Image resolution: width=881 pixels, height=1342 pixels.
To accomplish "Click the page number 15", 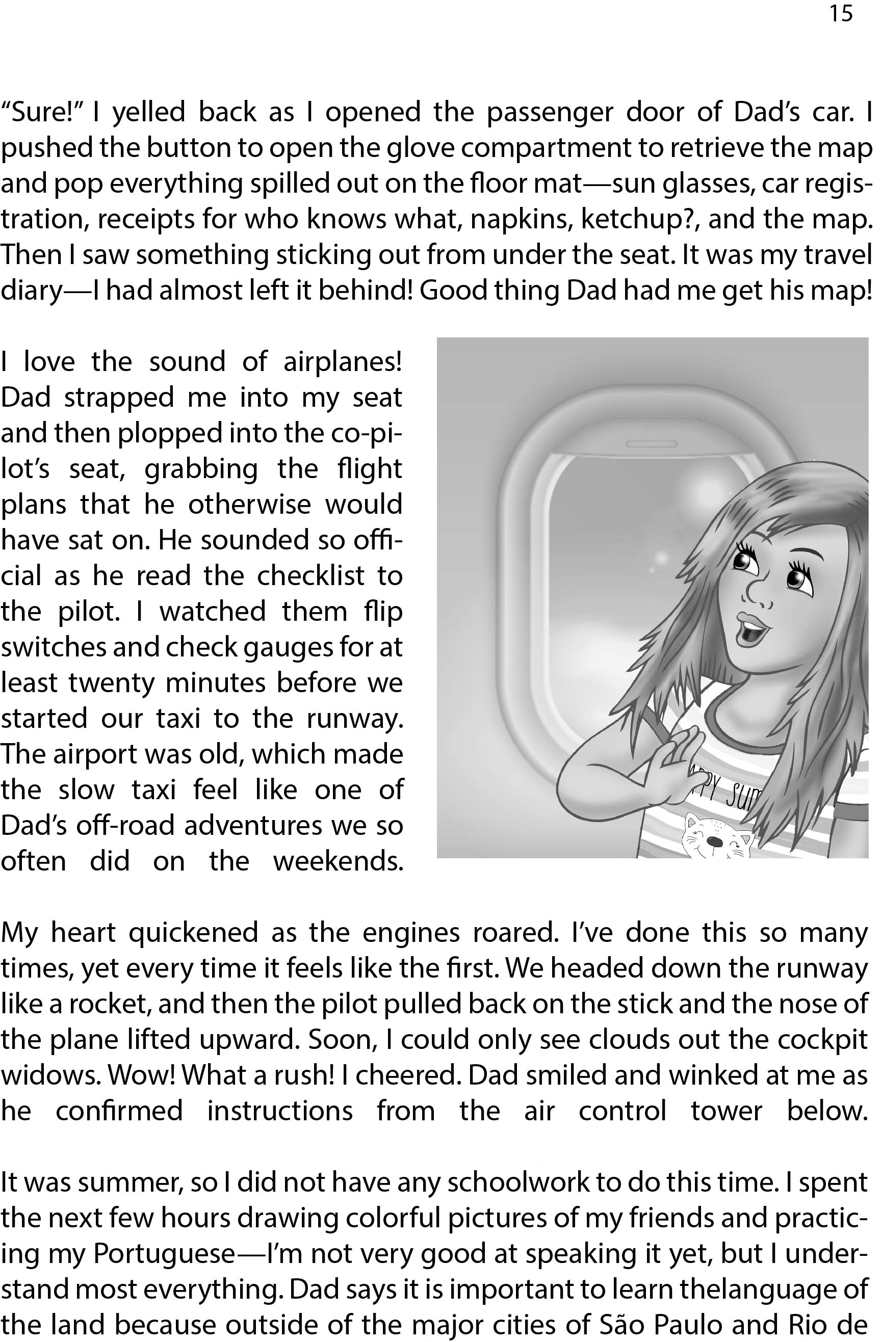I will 840,14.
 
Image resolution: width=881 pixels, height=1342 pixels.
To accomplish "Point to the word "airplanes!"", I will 343,362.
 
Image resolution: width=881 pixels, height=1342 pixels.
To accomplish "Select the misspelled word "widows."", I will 50,1075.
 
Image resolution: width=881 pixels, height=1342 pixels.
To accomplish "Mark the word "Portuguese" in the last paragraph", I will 164,1254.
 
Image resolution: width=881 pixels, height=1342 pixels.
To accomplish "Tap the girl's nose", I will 759,592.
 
